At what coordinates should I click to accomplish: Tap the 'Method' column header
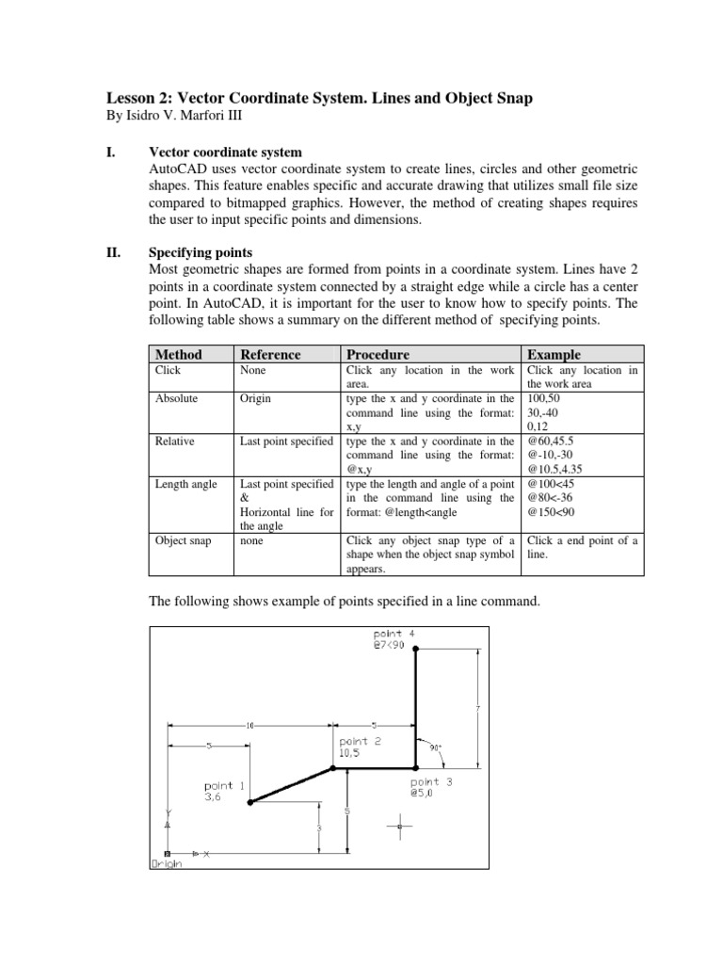(179, 354)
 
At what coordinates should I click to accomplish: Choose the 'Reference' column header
(270, 354)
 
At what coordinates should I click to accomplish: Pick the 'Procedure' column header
(378, 354)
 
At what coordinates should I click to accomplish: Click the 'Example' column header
(554, 354)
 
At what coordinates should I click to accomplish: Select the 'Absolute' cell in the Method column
(176, 398)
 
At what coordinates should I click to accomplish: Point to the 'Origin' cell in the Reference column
(256, 398)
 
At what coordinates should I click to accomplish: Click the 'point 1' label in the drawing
(225, 784)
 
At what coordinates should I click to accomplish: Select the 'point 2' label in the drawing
(360, 741)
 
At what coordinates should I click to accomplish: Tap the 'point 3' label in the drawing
(431, 781)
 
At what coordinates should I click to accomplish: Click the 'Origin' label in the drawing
(167, 861)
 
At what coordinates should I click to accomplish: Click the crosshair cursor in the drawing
(399, 827)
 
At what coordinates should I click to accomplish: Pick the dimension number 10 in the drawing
(249, 726)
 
